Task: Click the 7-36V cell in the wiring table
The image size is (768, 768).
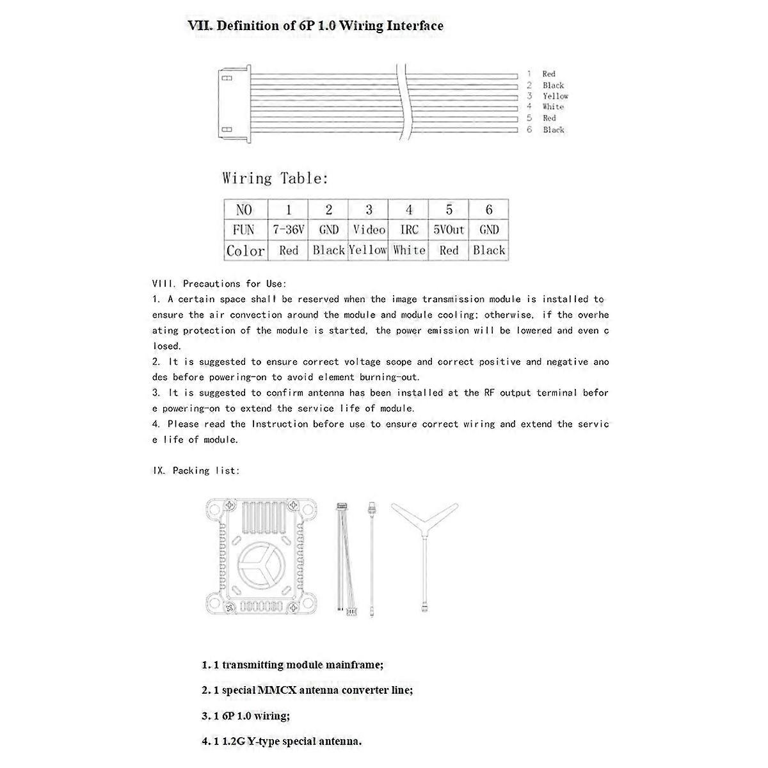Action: tap(288, 230)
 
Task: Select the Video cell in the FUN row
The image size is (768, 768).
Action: tap(369, 230)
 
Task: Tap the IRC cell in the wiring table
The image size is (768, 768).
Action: tap(409, 230)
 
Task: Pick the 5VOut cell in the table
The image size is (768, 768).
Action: tap(449, 230)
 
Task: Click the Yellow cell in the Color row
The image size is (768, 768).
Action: tap(368, 250)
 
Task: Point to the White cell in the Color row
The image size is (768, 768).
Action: tap(409, 250)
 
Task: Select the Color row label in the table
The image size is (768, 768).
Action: tap(245, 251)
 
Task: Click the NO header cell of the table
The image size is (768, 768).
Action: tap(244, 210)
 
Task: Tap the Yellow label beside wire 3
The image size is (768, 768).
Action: tap(555, 96)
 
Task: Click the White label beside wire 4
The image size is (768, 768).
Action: tap(553, 107)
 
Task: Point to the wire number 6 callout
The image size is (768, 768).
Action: tap(529, 130)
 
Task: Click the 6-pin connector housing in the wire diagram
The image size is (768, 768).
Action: tap(232, 104)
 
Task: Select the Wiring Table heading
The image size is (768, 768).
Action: tap(275, 179)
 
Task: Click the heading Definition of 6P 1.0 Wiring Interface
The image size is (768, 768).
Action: tap(315, 26)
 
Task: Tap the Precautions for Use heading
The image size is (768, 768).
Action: tap(220, 284)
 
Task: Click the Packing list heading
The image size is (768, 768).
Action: tap(196, 470)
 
